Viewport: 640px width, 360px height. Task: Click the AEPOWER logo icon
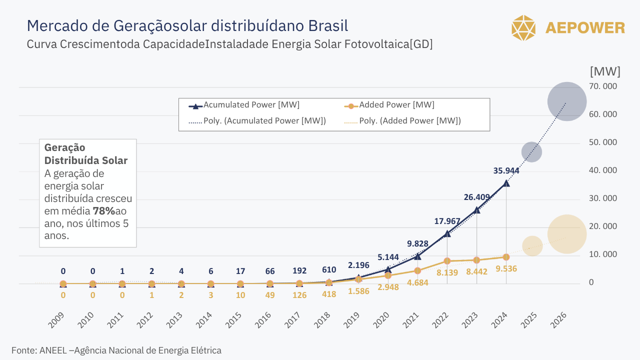[x=523, y=28]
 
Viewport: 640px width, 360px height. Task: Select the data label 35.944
[x=506, y=170]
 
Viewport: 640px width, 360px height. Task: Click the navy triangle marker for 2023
[x=476, y=210]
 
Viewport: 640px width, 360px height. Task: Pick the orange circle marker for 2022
[x=447, y=261]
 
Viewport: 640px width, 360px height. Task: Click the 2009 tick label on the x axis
[x=56, y=320]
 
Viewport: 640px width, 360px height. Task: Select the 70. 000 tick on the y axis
[x=603, y=86]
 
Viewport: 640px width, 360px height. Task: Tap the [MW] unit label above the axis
[x=605, y=71]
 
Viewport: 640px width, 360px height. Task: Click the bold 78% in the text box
[x=104, y=211]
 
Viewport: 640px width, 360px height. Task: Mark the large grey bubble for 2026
[x=566, y=101]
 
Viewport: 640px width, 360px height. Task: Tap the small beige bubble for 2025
[x=532, y=246]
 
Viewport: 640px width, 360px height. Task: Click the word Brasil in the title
[x=327, y=25]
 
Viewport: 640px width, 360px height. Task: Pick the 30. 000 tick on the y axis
[x=603, y=198]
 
